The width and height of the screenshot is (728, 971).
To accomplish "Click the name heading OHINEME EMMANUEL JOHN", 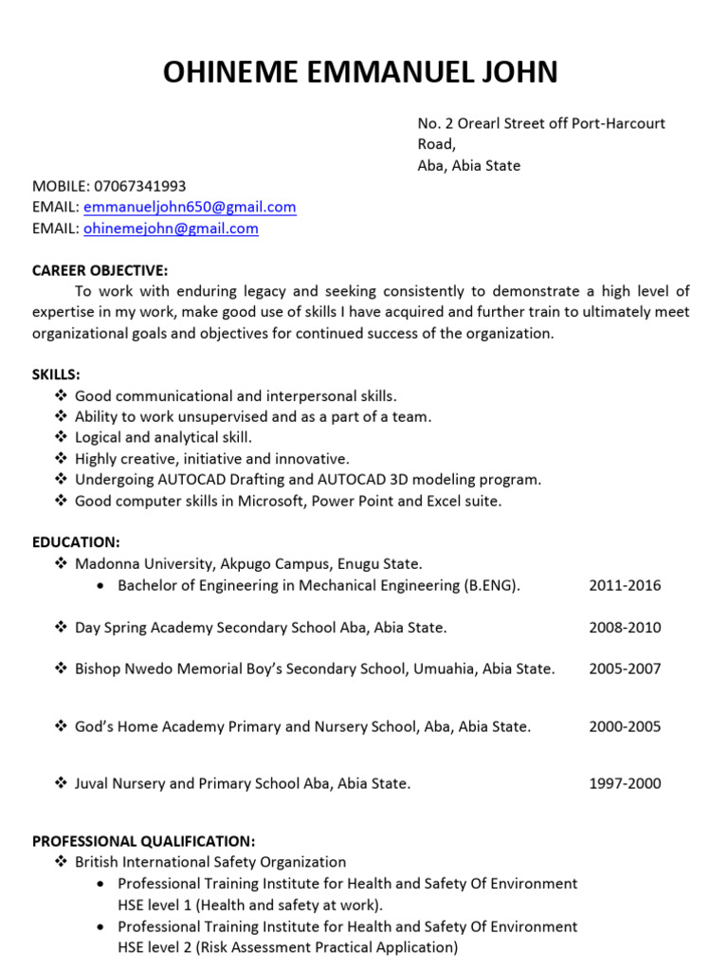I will [361, 72].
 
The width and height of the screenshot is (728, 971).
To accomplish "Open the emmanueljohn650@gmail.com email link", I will [190, 207].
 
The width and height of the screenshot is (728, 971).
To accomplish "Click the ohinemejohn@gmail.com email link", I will [171, 229].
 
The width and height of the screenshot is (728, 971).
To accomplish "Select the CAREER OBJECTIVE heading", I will [100, 270].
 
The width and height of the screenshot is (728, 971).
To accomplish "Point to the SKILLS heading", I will [56, 375].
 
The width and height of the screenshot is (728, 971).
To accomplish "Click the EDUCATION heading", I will [76, 542].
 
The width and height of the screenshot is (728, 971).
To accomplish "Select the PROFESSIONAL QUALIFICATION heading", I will [143, 841].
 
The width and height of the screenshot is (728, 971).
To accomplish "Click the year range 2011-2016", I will [625, 585].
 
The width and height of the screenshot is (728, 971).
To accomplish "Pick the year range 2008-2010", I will [625, 628].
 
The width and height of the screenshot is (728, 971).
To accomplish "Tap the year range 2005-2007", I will [625, 669].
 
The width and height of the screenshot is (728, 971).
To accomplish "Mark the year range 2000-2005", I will [625, 726].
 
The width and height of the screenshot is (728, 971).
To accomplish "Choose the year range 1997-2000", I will [625, 783].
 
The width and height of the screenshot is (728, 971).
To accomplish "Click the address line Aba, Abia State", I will [469, 165].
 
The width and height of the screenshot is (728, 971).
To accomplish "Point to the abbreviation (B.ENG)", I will [492, 585].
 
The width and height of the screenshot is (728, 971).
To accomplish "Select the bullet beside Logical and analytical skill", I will [61, 437].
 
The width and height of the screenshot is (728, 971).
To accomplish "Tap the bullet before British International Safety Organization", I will [61, 862].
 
